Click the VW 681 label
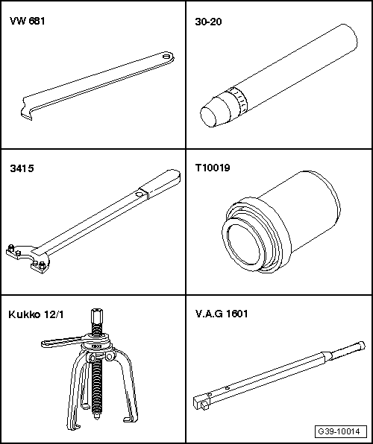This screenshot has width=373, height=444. pos(28,22)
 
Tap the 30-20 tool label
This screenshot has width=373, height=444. pos(208,22)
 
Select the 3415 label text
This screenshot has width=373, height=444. pos(22,168)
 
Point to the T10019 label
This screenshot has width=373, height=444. pos(213,168)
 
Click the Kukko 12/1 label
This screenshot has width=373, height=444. pos(36,314)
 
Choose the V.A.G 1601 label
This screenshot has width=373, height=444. pos(222,314)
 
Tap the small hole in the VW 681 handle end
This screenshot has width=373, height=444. pos(166,56)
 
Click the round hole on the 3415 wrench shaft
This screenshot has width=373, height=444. pos(139,194)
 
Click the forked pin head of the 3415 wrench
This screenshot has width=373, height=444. pos(27,258)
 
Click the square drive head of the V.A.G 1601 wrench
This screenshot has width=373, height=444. pos(201,402)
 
